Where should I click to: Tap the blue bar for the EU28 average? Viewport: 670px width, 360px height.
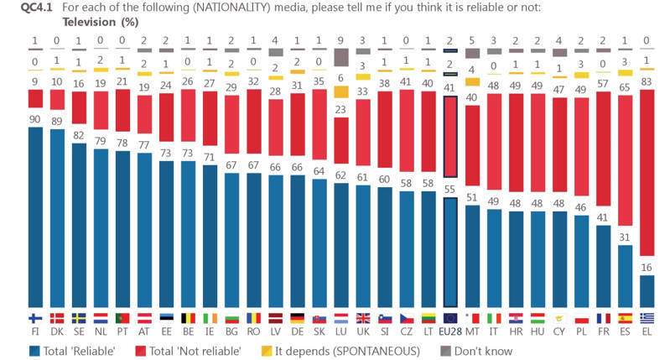(x=450, y=252)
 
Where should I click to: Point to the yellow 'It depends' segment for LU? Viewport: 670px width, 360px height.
(x=340, y=91)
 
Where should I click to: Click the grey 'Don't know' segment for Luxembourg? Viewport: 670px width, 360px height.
(x=340, y=57)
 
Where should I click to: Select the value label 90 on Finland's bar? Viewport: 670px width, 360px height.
(x=34, y=119)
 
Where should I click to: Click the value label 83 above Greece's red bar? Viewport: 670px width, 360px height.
(x=647, y=81)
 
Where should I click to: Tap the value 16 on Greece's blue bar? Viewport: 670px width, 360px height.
(x=647, y=267)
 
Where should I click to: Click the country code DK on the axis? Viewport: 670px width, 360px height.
(x=56, y=331)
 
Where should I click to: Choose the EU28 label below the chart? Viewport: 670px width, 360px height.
(x=450, y=331)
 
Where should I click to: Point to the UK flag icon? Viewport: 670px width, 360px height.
(x=362, y=318)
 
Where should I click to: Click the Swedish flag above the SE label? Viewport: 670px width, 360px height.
(x=78, y=318)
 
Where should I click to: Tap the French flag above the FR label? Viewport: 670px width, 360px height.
(x=603, y=318)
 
